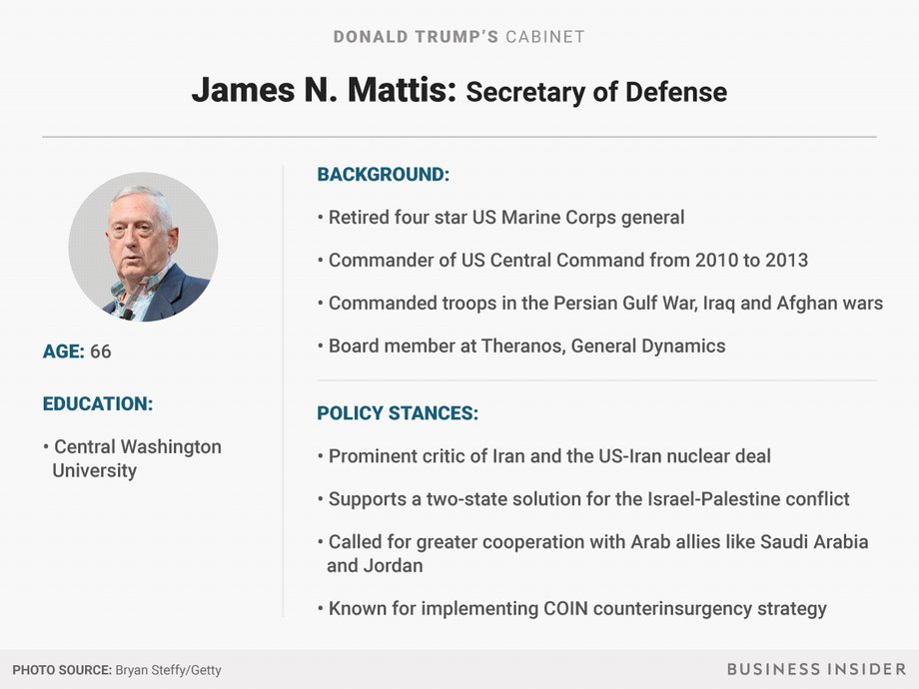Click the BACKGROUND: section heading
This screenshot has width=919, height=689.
click(x=384, y=175)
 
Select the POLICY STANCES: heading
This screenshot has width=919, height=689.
click(x=398, y=413)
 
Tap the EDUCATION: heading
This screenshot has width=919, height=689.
click(x=97, y=403)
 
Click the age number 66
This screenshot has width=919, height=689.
click(x=100, y=351)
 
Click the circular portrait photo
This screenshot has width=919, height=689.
click(x=143, y=247)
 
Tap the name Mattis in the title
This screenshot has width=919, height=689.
click(x=402, y=90)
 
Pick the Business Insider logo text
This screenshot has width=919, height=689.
click(x=816, y=669)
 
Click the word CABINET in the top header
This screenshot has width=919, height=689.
click(x=545, y=37)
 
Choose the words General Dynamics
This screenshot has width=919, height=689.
click(x=648, y=345)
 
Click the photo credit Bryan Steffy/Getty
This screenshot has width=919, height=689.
click(x=168, y=670)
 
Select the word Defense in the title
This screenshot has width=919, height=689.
click(x=676, y=92)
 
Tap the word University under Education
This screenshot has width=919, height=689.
click(x=94, y=470)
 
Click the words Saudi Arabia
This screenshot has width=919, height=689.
click(x=814, y=542)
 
